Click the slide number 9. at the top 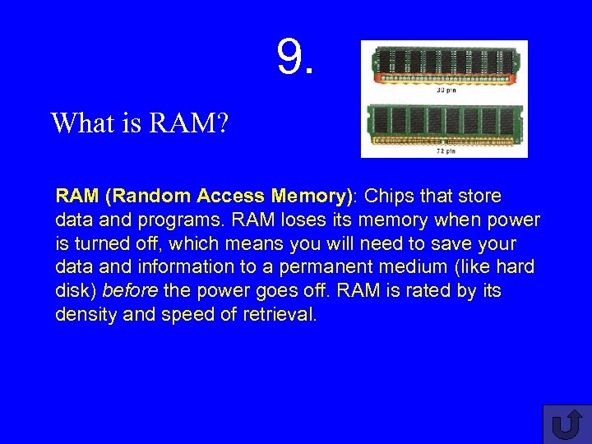[295, 57]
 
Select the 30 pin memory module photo [445, 64]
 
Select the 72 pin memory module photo [445, 122]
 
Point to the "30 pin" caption [446, 90]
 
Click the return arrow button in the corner [566, 424]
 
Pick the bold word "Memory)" [314, 197]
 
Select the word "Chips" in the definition [391, 197]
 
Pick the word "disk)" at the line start [76, 291]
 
